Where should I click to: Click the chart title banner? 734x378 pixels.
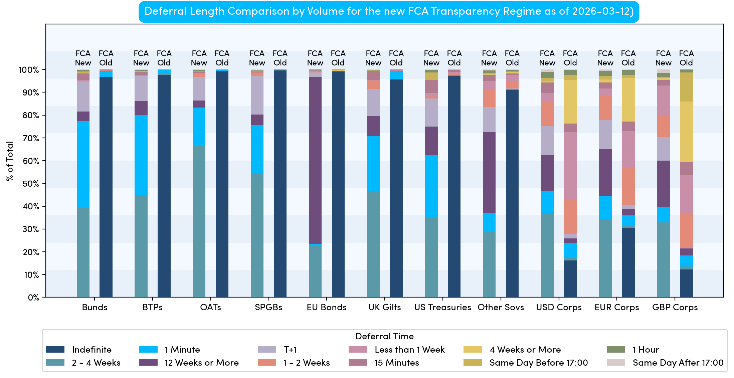(389, 12)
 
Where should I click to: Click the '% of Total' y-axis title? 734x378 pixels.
(10, 161)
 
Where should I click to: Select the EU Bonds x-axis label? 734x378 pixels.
(327, 307)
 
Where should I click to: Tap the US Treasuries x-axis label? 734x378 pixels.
(442, 307)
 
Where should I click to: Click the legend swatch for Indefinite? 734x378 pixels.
(55, 350)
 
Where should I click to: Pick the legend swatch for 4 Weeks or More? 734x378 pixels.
(473, 350)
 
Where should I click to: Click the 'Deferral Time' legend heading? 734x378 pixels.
(384, 336)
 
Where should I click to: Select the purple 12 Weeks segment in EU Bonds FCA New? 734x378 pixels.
(315, 160)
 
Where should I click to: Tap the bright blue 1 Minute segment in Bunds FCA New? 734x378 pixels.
(83, 164)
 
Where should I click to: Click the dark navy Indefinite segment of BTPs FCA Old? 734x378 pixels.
(164, 186)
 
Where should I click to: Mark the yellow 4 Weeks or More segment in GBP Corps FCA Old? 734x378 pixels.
(686, 132)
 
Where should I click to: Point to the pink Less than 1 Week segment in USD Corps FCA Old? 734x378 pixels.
(570, 166)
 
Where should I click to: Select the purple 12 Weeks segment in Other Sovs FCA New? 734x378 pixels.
(489, 172)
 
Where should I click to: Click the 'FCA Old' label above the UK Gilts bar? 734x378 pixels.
(396, 58)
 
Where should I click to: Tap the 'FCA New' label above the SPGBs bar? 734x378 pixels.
(257, 58)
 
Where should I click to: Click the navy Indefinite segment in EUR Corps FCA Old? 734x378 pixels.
(628, 262)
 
